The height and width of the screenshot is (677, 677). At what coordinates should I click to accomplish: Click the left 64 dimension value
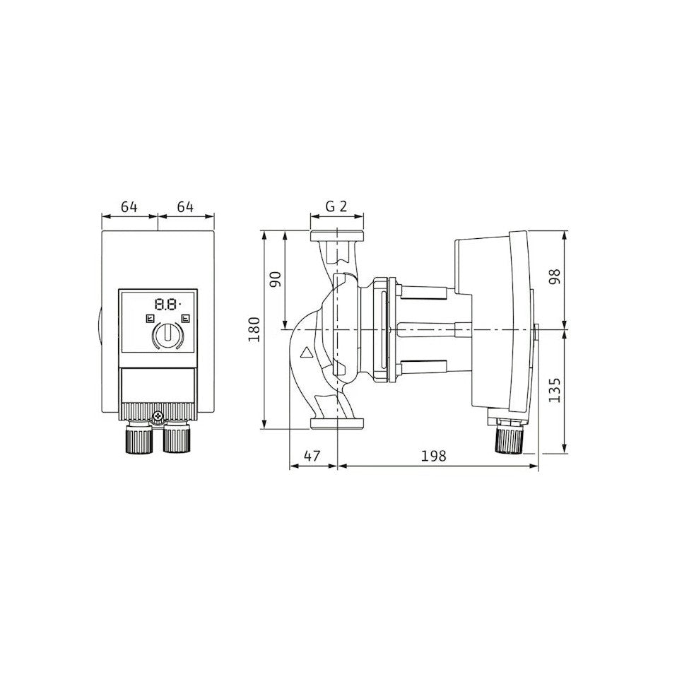[x=129, y=207]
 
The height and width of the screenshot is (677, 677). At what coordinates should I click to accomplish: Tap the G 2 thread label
[x=336, y=207]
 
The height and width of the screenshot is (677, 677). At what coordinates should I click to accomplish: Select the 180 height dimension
[x=254, y=329]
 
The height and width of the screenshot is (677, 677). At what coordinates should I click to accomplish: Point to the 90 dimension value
[x=276, y=279]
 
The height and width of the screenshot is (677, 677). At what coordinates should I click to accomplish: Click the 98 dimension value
[x=554, y=276]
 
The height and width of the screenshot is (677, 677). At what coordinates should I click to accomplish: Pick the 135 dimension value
[x=554, y=390]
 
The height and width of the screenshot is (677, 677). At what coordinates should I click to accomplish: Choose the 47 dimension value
[x=312, y=456]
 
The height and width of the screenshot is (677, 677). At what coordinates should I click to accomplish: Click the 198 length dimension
[x=433, y=456]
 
